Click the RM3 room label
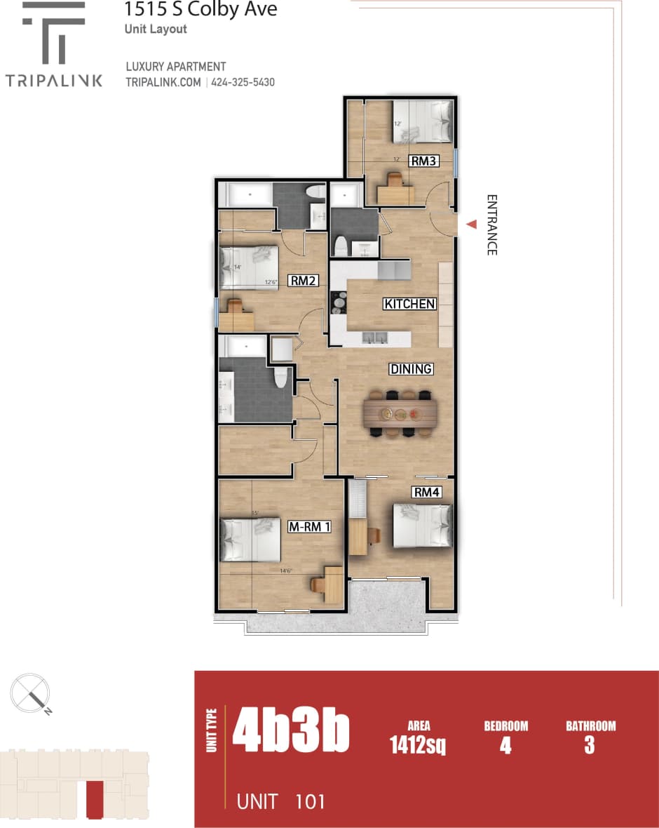click(x=425, y=161)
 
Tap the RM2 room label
click(x=304, y=281)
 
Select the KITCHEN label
click(x=409, y=304)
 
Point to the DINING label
click(x=412, y=369)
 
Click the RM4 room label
click(x=426, y=493)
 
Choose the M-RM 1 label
click(x=309, y=526)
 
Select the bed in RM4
click(x=421, y=526)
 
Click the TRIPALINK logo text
click(x=54, y=80)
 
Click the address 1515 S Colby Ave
click(x=201, y=10)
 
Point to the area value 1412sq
click(x=418, y=745)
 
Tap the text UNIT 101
click(x=281, y=801)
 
